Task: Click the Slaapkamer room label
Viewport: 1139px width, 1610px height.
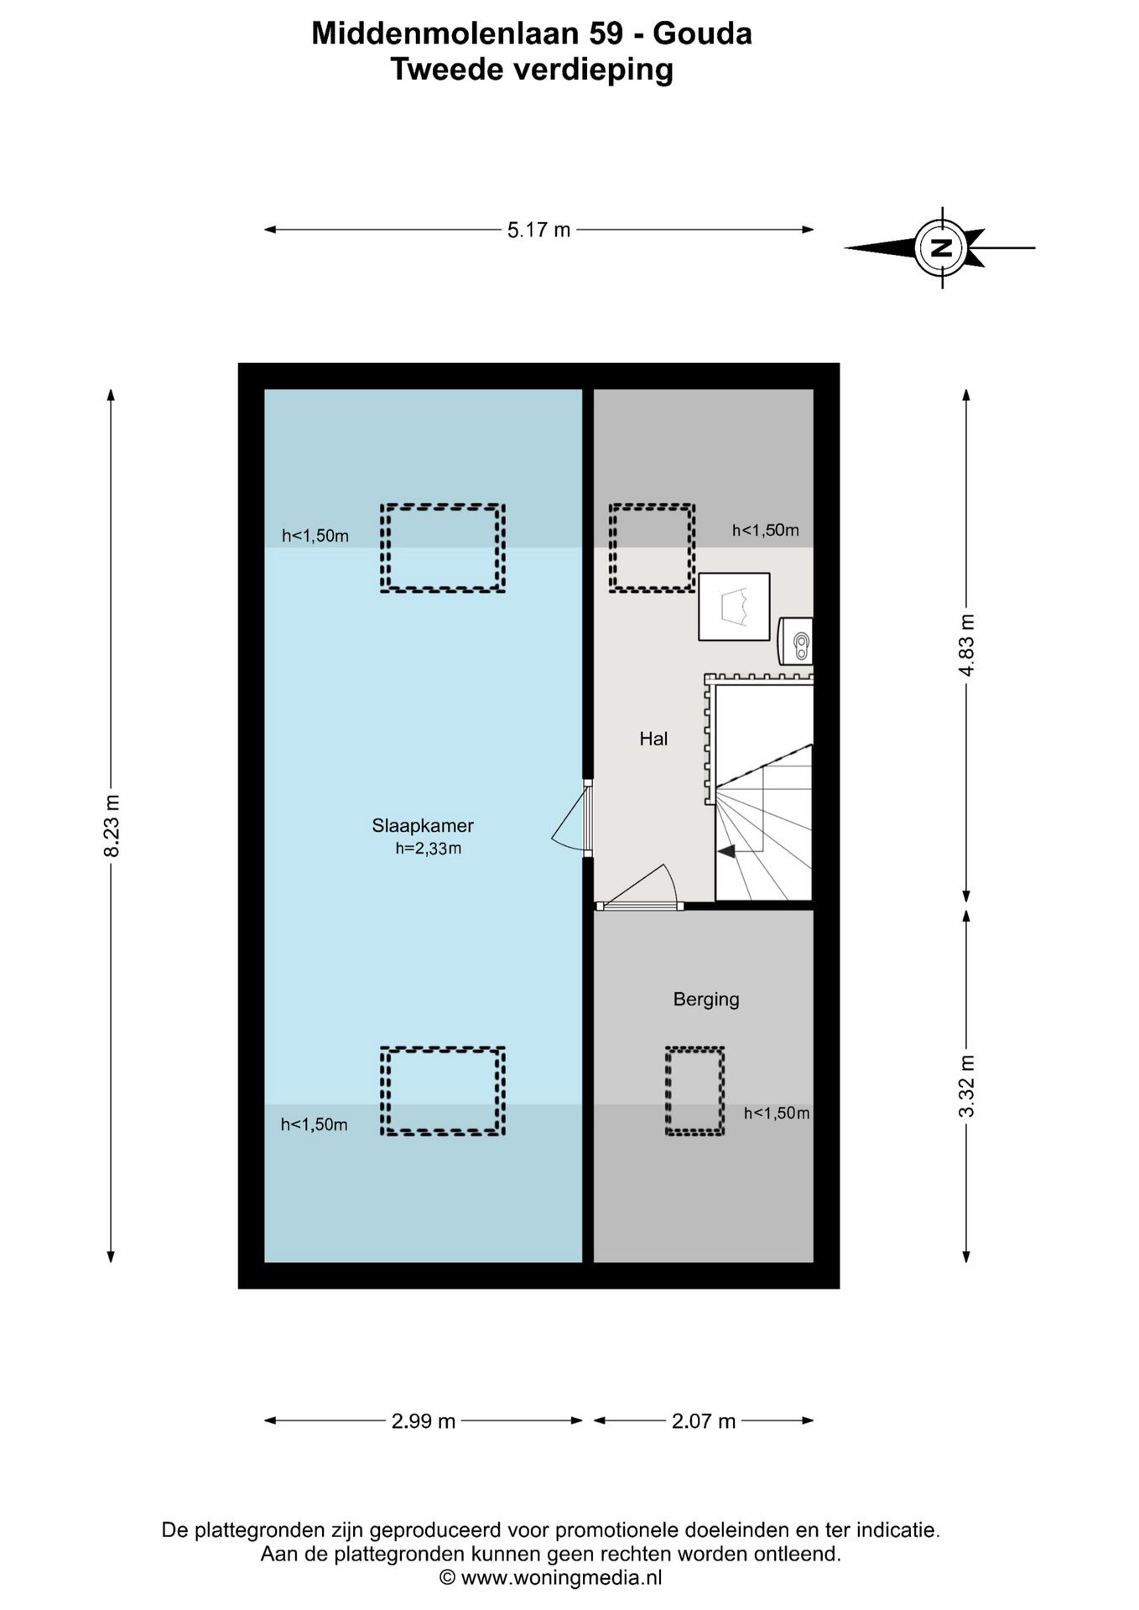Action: (x=423, y=826)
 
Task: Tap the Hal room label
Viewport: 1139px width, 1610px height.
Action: (x=653, y=739)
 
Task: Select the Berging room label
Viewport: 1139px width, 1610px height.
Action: (x=706, y=1000)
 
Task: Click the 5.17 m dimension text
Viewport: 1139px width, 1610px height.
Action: (x=538, y=230)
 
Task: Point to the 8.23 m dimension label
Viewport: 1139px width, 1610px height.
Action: (x=112, y=826)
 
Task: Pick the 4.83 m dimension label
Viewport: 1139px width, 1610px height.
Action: (x=967, y=646)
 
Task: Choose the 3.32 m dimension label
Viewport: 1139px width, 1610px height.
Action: (x=967, y=1086)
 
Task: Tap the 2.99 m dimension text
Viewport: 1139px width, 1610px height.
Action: (x=424, y=1421)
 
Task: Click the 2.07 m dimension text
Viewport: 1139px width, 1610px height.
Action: (x=704, y=1421)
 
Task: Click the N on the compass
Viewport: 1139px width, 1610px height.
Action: (x=941, y=248)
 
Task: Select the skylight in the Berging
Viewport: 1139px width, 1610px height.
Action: (x=694, y=1091)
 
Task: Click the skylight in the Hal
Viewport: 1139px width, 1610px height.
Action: (x=652, y=548)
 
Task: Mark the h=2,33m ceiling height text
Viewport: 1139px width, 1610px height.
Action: (x=429, y=849)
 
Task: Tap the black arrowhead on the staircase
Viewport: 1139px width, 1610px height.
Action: (x=726, y=851)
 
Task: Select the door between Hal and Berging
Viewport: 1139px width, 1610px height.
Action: (x=639, y=887)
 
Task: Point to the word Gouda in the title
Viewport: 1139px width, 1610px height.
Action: (x=702, y=34)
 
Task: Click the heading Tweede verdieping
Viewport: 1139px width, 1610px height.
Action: (x=532, y=69)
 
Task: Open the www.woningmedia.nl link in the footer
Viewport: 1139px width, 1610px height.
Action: (x=562, y=1578)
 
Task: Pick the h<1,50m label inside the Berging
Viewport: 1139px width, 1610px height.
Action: (x=777, y=1114)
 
